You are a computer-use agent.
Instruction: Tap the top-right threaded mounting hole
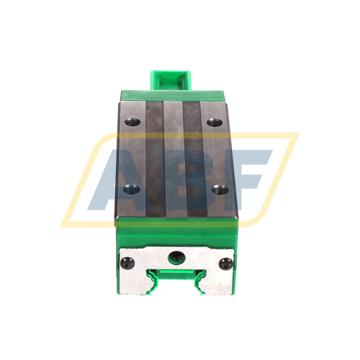click(212, 122)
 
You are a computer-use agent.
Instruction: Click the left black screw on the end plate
click(127, 261)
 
